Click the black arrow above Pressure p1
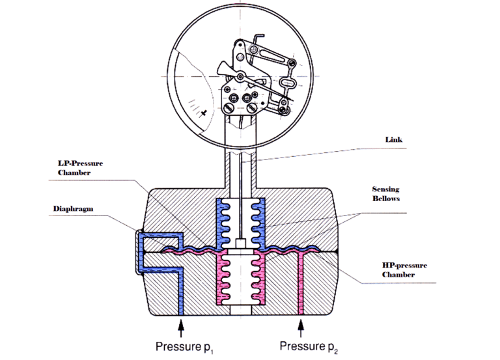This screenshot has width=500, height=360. (x=182, y=323)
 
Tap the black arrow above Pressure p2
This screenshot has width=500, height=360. (x=300, y=323)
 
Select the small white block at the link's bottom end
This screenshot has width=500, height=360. (x=240, y=243)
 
